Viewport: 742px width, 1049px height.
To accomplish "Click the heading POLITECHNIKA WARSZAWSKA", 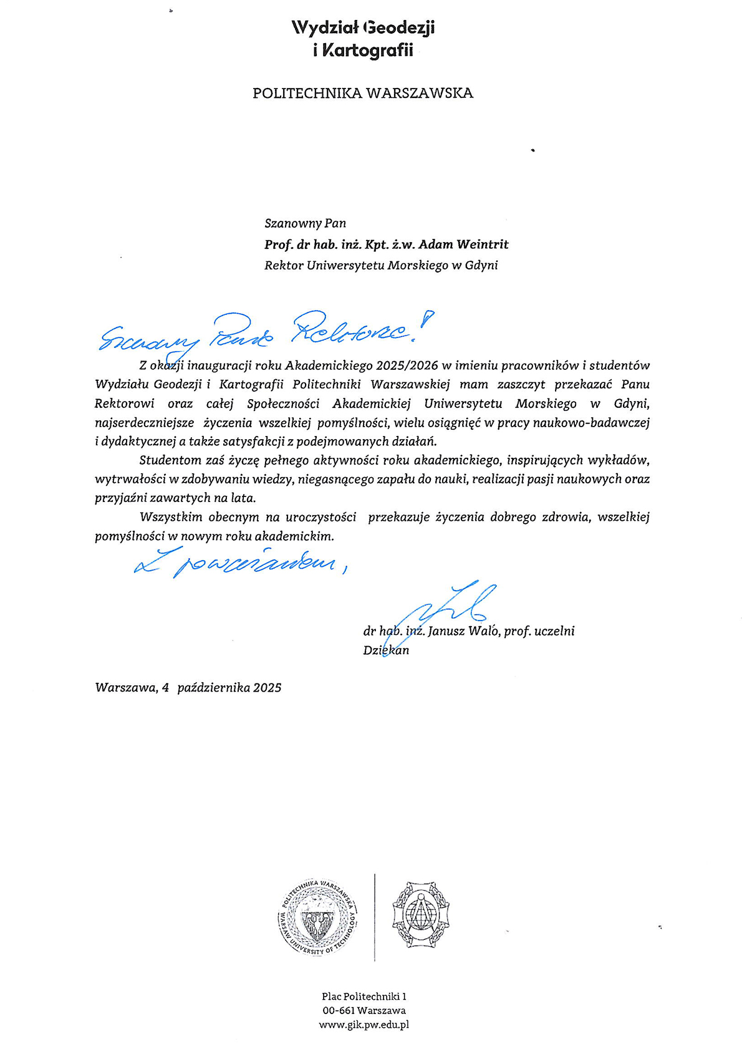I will (x=363, y=94).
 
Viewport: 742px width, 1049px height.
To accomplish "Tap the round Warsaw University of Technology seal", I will (x=318, y=916).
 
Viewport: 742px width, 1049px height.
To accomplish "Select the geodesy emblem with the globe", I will (x=421, y=914).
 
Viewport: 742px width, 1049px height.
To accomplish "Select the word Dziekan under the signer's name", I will (x=386, y=650).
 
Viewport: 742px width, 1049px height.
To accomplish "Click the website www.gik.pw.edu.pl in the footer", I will (x=364, y=1025).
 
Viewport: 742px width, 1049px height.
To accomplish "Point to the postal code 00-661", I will (x=339, y=1010).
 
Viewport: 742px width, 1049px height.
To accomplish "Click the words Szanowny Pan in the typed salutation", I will (x=305, y=223).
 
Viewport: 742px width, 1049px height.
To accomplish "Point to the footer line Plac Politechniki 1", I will (x=364, y=997).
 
